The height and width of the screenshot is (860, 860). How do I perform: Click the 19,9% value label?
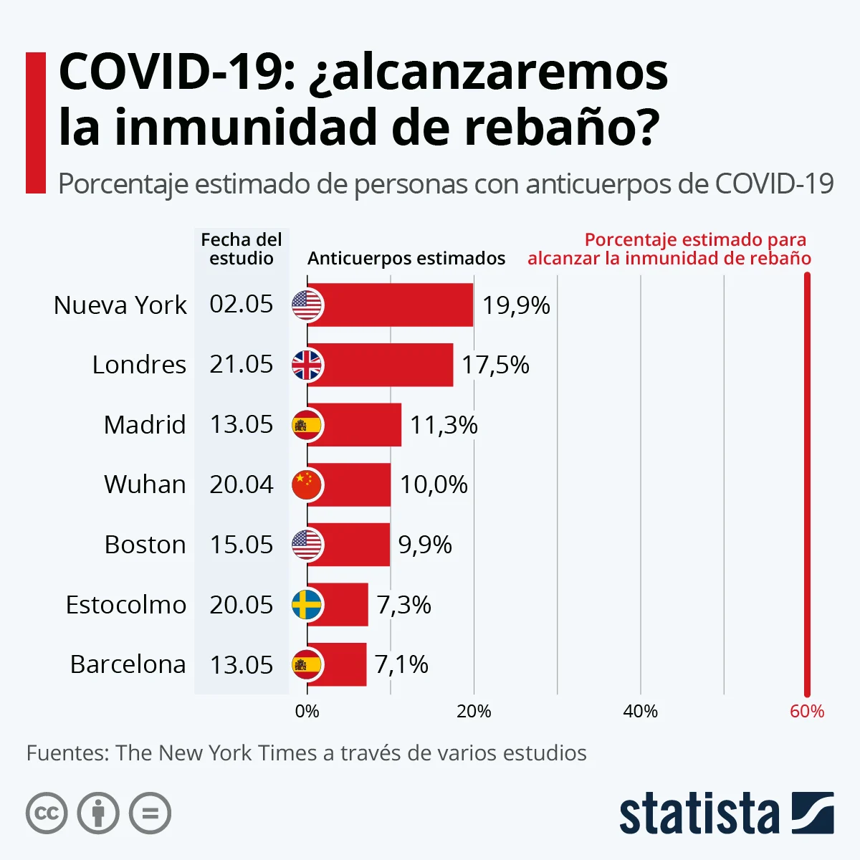click(516, 306)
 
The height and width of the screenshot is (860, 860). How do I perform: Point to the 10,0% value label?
click(434, 485)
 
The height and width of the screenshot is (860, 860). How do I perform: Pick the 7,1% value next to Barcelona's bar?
click(401, 665)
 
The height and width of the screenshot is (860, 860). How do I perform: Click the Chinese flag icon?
click(307, 485)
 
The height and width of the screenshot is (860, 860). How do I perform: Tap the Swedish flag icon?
click(307, 605)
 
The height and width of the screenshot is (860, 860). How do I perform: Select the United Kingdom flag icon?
click(307, 365)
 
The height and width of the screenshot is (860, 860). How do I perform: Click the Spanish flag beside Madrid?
click(307, 425)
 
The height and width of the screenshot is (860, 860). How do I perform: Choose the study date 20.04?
click(242, 485)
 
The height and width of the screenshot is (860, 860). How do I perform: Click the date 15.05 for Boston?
click(242, 545)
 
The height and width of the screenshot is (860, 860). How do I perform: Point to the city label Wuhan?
click(145, 485)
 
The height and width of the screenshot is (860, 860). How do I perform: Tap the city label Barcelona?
click(128, 665)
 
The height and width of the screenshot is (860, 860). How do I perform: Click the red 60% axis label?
click(807, 712)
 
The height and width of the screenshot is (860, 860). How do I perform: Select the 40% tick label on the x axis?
click(640, 712)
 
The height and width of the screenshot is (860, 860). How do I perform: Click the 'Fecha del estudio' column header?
click(242, 249)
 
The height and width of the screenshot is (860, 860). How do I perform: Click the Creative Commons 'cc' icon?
click(47, 813)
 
